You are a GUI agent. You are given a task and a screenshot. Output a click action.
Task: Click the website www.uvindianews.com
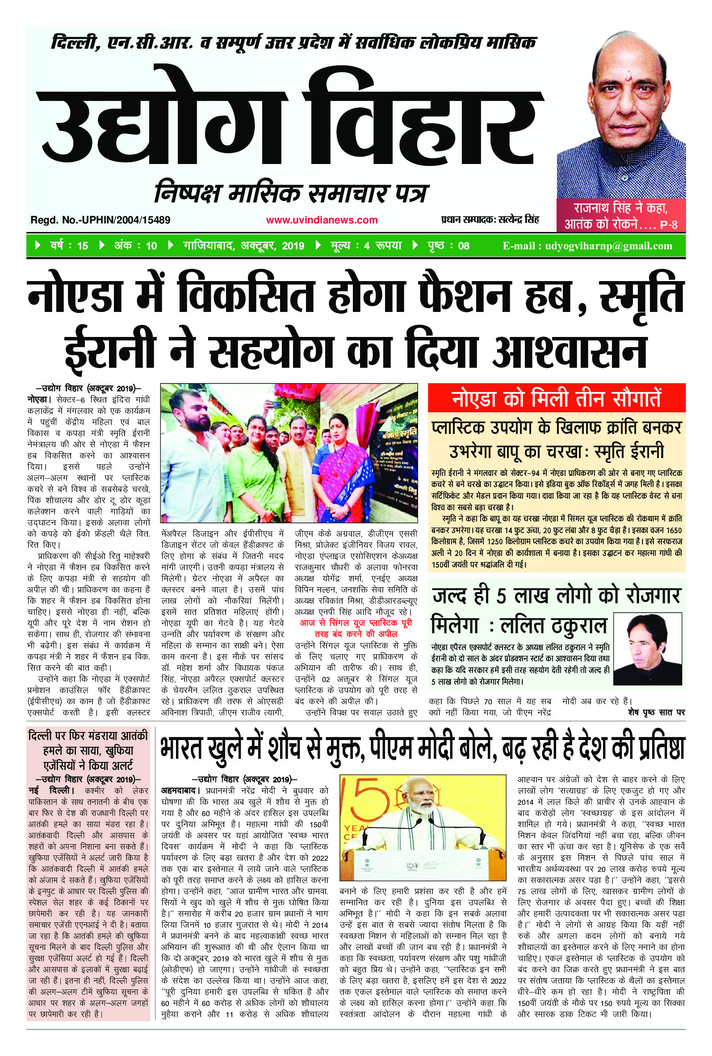click(322, 220)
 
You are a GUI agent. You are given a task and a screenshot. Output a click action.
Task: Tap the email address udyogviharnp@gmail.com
click(587, 246)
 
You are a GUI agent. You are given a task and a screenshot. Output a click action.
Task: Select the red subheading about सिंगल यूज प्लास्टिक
click(356, 628)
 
